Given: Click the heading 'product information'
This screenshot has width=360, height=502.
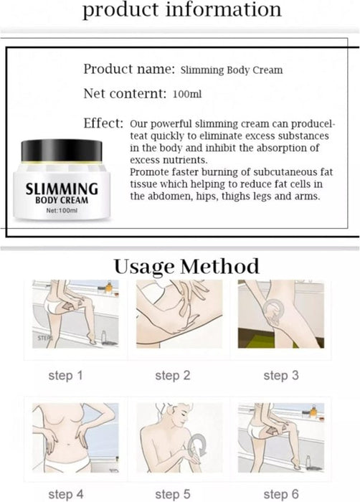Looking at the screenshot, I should click(x=180, y=10).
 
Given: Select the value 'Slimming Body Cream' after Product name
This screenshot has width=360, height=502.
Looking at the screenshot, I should click(x=231, y=70).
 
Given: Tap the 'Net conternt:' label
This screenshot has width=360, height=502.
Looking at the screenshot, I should click(x=125, y=94).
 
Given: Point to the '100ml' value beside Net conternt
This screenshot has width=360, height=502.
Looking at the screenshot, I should click(x=186, y=95).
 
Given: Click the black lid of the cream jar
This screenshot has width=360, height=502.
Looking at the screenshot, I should click(x=61, y=150).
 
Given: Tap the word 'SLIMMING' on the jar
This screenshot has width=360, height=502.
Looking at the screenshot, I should click(x=61, y=189).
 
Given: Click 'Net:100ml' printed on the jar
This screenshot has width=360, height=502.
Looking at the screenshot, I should click(x=61, y=212).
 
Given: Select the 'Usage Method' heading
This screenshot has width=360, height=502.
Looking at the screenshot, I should click(x=186, y=266).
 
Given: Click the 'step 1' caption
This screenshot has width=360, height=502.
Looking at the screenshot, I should click(x=66, y=375).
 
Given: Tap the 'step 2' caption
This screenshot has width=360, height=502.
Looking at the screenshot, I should click(x=173, y=375).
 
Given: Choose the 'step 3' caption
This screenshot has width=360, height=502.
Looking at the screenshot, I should click(x=280, y=375).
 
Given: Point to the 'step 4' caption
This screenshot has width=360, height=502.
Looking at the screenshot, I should click(x=66, y=494).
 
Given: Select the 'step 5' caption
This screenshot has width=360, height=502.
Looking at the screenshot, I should click(x=173, y=494).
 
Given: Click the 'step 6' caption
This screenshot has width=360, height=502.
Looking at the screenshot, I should click(x=280, y=494).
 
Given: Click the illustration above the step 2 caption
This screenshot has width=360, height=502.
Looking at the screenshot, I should click(x=173, y=314).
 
